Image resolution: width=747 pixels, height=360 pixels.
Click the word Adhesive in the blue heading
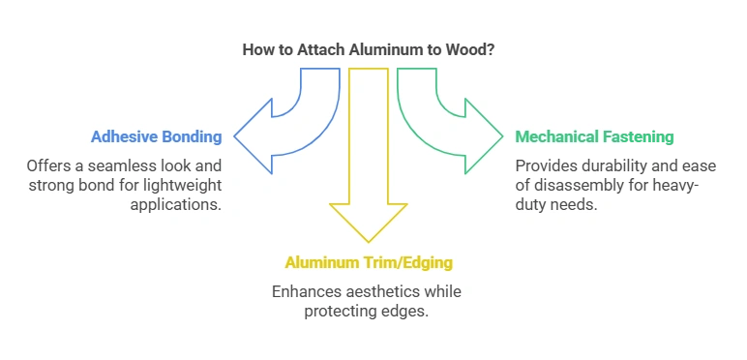click(x=126, y=136)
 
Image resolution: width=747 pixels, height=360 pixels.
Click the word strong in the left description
click(x=48, y=184)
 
